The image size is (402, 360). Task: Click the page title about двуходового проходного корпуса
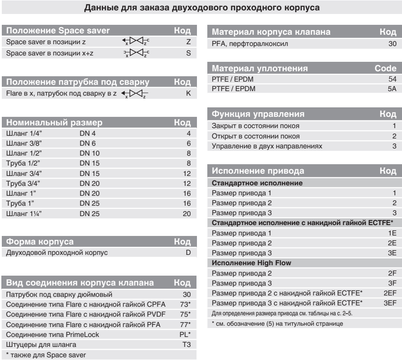[x=201, y=8]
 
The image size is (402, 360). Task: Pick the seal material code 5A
[x=391, y=89]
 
